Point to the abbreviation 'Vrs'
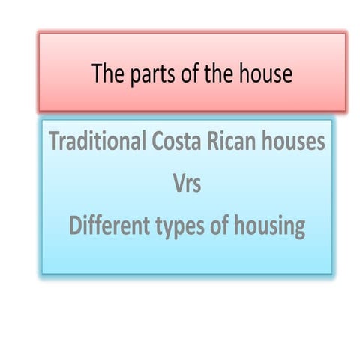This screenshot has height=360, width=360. tap(186, 184)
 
